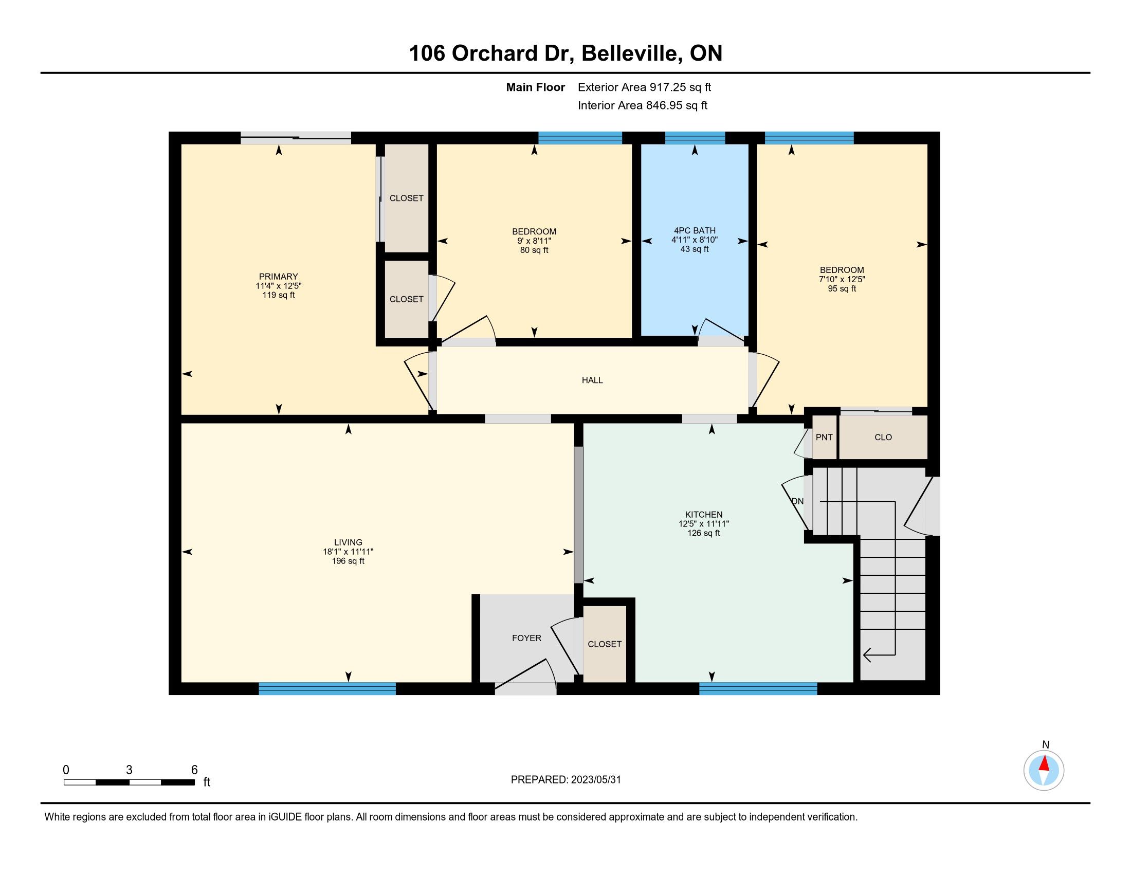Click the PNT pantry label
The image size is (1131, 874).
point(824,438)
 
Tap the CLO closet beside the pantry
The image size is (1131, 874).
point(883,438)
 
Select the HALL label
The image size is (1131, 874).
point(592,380)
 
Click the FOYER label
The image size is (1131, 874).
point(526,639)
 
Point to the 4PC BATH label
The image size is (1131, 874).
point(695,231)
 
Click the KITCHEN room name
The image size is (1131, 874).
point(704,515)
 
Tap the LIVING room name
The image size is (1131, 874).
point(348,542)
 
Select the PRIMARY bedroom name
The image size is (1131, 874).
point(279,277)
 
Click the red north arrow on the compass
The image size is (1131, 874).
point(1044,763)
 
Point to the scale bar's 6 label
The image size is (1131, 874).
point(194,770)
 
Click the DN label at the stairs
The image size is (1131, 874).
point(797,501)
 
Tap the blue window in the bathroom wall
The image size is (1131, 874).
point(695,138)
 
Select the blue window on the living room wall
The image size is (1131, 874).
point(327,688)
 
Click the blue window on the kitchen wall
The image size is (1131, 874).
point(758,688)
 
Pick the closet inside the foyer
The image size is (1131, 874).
point(605,644)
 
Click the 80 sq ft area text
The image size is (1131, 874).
point(534,250)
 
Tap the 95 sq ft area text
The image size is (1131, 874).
point(842,289)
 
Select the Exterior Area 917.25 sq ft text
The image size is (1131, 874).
point(644,87)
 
